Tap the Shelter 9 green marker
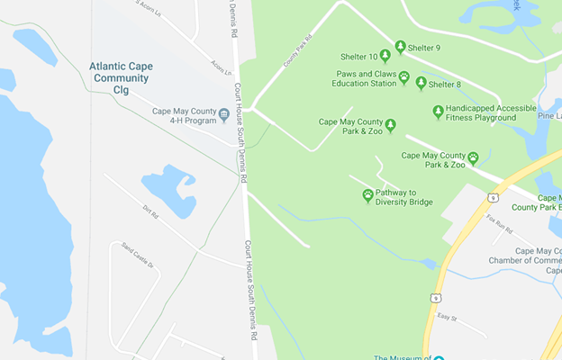[x=400, y=47]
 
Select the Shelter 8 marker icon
[x=421, y=83]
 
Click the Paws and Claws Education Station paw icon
[x=404, y=77]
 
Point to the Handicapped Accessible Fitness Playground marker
[x=438, y=112]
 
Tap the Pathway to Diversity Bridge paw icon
[x=367, y=194]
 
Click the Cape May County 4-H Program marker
[x=223, y=114]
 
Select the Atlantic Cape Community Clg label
[x=120, y=71]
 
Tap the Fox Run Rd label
[x=498, y=223]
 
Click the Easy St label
[x=448, y=318]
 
